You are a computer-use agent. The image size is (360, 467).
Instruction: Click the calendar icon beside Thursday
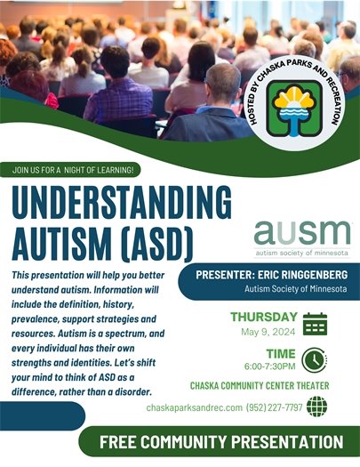pos(315,323)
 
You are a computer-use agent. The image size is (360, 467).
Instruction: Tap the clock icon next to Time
pos(314,358)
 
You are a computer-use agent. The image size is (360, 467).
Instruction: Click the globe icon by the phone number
pos(316,407)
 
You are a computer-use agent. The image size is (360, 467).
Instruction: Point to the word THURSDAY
pos(263,317)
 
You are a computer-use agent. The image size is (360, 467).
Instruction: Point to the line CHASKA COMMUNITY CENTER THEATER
pos(259,386)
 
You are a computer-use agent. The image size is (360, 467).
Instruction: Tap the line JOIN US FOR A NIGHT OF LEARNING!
pos(73,169)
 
